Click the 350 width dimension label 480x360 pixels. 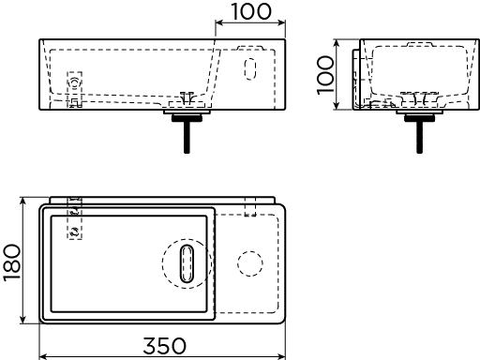[x=164, y=346]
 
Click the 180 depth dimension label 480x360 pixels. [x=12, y=262]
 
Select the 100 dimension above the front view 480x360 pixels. [x=251, y=11]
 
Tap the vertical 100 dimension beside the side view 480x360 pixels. [x=325, y=75]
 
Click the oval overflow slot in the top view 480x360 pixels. [x=187, y=263]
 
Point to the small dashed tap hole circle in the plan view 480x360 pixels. [x=250, y=263]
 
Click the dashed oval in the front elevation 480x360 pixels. [x=250, y=68]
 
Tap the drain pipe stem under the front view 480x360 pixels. [x=187, y=138]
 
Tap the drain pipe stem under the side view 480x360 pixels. [x=420, y=138]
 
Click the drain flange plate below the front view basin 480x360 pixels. [x=187, y=112]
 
